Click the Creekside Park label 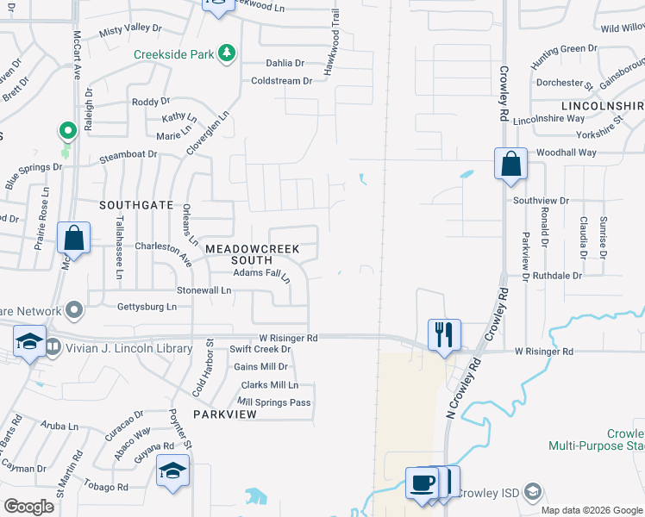[x=172, y=54]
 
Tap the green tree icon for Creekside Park [x=227, y=54]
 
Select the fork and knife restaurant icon [x=444, y=333]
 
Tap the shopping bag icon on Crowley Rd [x=510, y=163]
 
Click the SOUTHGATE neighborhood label [x=136, y=205]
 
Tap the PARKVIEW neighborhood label [x=225, y=414]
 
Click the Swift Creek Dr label [x=260, y=349]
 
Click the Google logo [x=29, y=506]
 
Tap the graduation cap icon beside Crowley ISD [x=534, y=492]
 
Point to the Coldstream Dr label [x=281, y=81]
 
